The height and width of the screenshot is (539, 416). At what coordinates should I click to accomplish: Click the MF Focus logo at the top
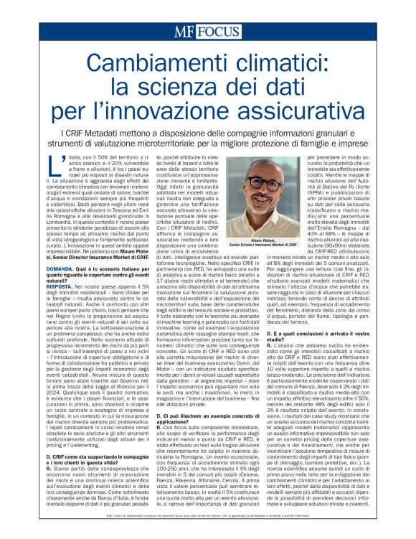click(x=207, y=33)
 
